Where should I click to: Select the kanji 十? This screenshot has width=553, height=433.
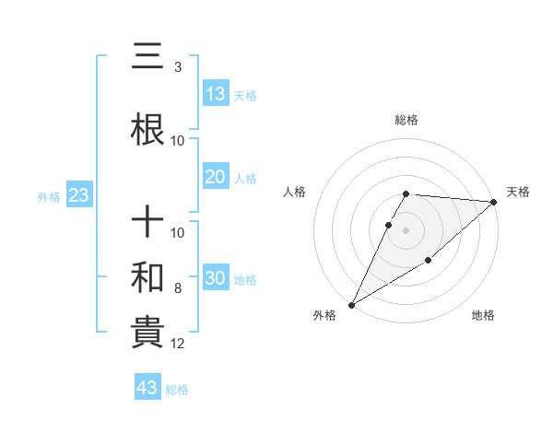click(148, 224)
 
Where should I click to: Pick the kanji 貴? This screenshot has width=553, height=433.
click(148, 334)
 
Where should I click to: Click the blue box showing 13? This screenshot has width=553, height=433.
click(216, 94)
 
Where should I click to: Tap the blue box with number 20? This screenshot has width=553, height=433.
click(216, 177)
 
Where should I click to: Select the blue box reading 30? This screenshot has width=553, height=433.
click(216, 278)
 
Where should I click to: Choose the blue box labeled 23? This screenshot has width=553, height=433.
click(78, 195)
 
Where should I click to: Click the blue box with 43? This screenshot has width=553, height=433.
click(147, 388)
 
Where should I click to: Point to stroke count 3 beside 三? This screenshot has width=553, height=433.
click(177, 67)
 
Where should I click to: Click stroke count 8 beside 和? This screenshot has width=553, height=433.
click(177, 288)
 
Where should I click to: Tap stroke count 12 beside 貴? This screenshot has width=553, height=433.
click(179, 344)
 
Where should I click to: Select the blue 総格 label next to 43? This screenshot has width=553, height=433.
click(177, 390)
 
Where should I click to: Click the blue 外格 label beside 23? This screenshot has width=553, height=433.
click(49, 196)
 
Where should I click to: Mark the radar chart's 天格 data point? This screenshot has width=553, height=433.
click(494, 203)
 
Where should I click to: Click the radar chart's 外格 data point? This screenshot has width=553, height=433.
click(351, 304)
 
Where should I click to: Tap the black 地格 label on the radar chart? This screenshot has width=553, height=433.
click(483, 315)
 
